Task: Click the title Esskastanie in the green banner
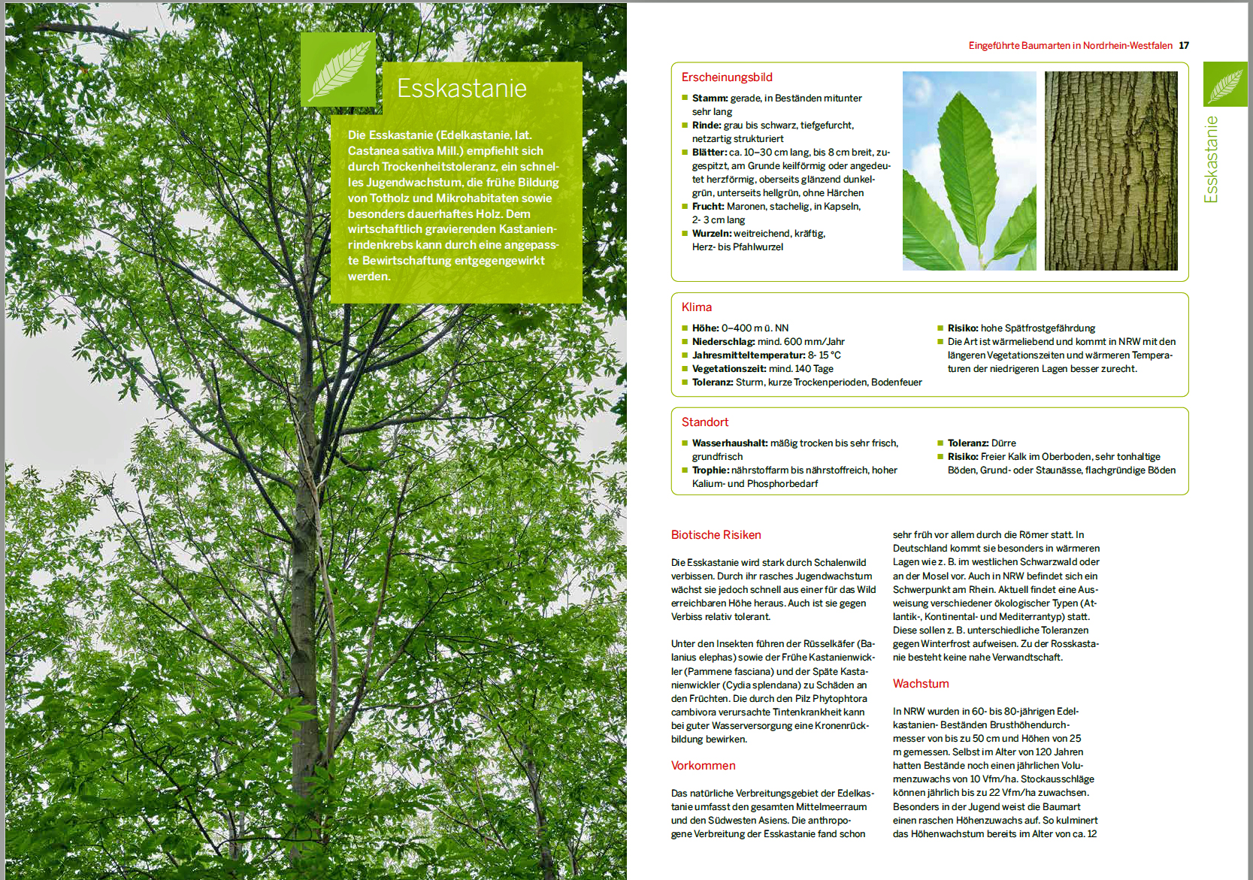coord(462,89)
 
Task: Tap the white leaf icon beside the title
coord(338,69)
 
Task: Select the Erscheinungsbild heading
coord(726,77)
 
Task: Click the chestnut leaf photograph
coord(969,171)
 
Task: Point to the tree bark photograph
coord(1110,171)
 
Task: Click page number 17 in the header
coord(1184,46)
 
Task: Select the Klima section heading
coord(696,307)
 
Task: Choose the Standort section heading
coord(704,422)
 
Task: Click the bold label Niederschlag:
coord(723,342)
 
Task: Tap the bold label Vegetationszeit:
coord(728,369)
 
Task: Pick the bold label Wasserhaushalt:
coord(729,443)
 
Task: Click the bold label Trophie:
coord(710,470)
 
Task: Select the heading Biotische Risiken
coord(716,535)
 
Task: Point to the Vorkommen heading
coord(703,766)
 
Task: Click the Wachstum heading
coord(921,684)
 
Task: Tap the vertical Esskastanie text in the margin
coord(1211,159)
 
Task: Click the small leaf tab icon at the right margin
coord(1224,84)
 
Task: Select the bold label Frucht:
coord(708,207)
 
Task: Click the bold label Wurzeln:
coord(711,234)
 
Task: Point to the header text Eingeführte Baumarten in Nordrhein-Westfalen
coord(1070,46)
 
